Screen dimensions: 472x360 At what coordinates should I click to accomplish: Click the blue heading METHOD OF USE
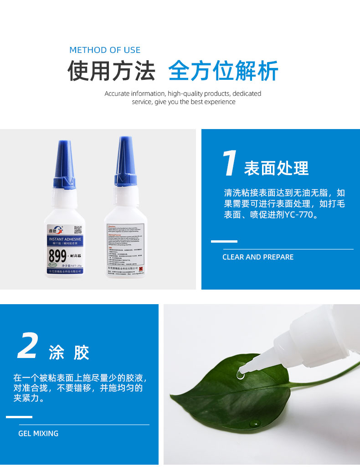click(x=105, y=50)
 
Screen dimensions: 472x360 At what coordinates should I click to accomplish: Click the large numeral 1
click(x=230, y=163)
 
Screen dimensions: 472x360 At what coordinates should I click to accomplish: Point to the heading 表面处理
click(x=277, y=169)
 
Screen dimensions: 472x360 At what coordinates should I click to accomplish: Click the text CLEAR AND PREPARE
click(x=258, y=257)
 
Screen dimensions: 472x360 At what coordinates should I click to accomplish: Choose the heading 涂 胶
click(x=69, y=353)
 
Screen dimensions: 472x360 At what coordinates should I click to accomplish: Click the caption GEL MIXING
click(x=38, y=434)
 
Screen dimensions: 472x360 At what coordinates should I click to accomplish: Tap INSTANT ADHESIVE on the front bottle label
click(x=65, y=239)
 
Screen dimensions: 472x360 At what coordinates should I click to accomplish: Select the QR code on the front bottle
click(x=77, y=229)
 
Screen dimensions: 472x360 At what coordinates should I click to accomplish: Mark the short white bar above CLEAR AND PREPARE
click(x=224, y=241)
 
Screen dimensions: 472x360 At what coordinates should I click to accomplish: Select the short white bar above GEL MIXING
click(x=19, y=417)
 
